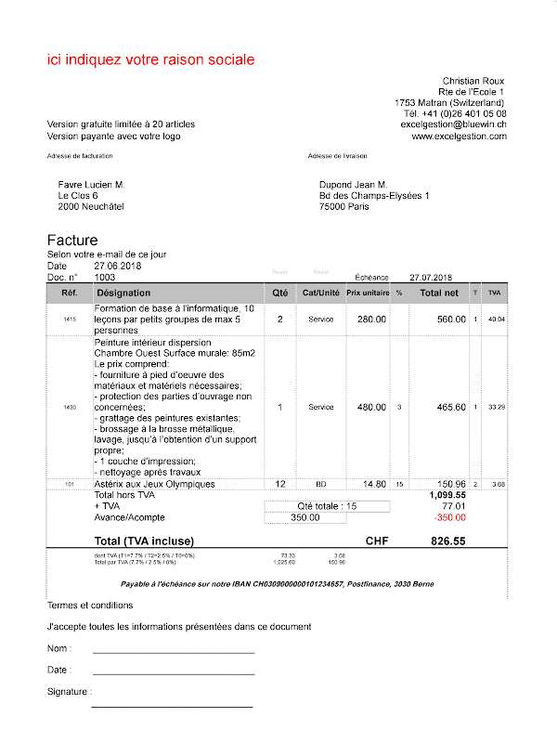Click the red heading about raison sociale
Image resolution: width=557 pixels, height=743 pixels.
click(x=150, y=60)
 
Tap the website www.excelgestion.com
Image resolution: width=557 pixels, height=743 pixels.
click(x=459, y=137)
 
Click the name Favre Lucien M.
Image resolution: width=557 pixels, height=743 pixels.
click(x=91, y=185)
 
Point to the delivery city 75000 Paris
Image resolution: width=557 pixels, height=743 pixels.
click(x=343, y=207)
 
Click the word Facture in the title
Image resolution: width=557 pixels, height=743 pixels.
click(x=72, y=241)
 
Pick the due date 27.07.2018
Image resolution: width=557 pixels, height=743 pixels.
click(x=431, y=277)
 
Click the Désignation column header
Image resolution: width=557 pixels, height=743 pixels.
click(x=130, y=293)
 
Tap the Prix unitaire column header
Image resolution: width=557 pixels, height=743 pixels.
click(x=368, y=293)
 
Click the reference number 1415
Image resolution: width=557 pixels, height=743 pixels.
click(x=70, y=319)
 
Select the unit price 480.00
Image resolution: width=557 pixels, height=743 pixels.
click(x=371, y=407)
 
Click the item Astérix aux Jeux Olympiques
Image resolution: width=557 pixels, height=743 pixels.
click(x=154, y=484)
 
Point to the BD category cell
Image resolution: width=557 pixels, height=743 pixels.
click(x=320, y=484)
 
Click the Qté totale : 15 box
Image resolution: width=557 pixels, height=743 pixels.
click(x=327, y=506)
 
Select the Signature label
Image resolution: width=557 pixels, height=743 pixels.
click(x=69, y=692)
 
